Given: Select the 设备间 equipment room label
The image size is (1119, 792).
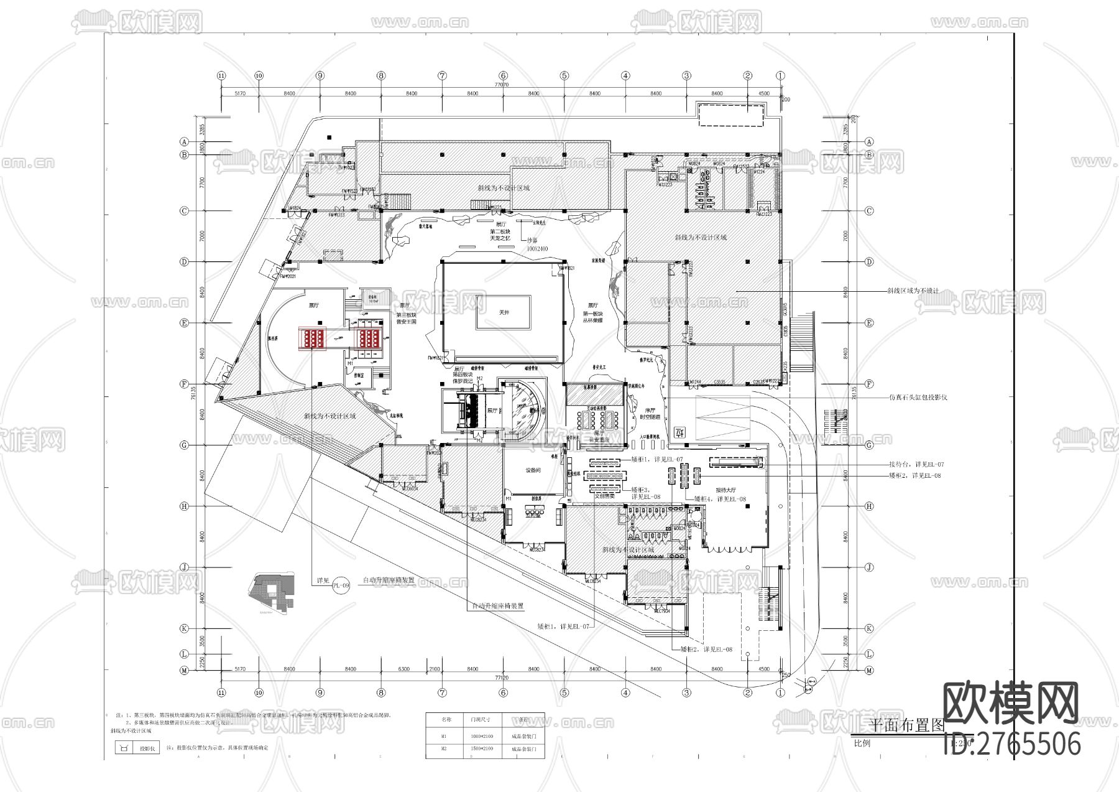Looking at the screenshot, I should (x=533, y=470).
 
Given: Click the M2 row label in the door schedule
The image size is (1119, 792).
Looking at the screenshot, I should (x=444, y=749).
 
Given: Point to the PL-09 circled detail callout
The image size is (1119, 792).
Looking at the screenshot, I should (x=342, y=585).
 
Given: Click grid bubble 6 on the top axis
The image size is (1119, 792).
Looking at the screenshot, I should (x=504, y=75).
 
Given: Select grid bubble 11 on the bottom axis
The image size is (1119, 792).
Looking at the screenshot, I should (x=221, y=692).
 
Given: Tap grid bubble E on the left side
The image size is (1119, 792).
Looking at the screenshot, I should (x=184, y=323).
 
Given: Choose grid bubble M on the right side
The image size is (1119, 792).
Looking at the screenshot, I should (x=870, y=670).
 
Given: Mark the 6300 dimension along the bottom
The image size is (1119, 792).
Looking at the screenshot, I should (x=403, y=669).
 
